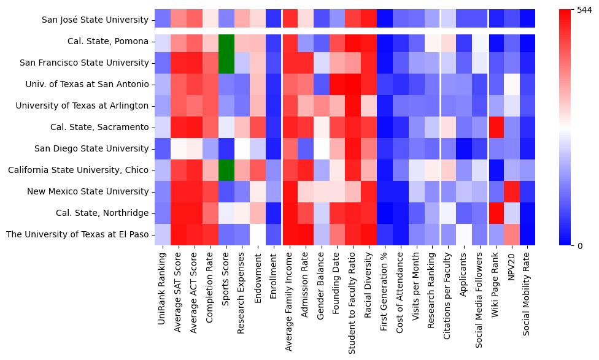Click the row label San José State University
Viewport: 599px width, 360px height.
(95, 20)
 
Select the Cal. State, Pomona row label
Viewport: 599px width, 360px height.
(108, 41)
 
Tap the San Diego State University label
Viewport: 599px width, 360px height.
(92, 148)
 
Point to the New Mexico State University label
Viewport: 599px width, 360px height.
(88, 191)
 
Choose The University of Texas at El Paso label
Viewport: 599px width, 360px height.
(77, 234)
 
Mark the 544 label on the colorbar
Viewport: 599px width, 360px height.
(585, 10)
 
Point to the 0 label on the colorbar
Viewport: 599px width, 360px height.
(580, 246)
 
